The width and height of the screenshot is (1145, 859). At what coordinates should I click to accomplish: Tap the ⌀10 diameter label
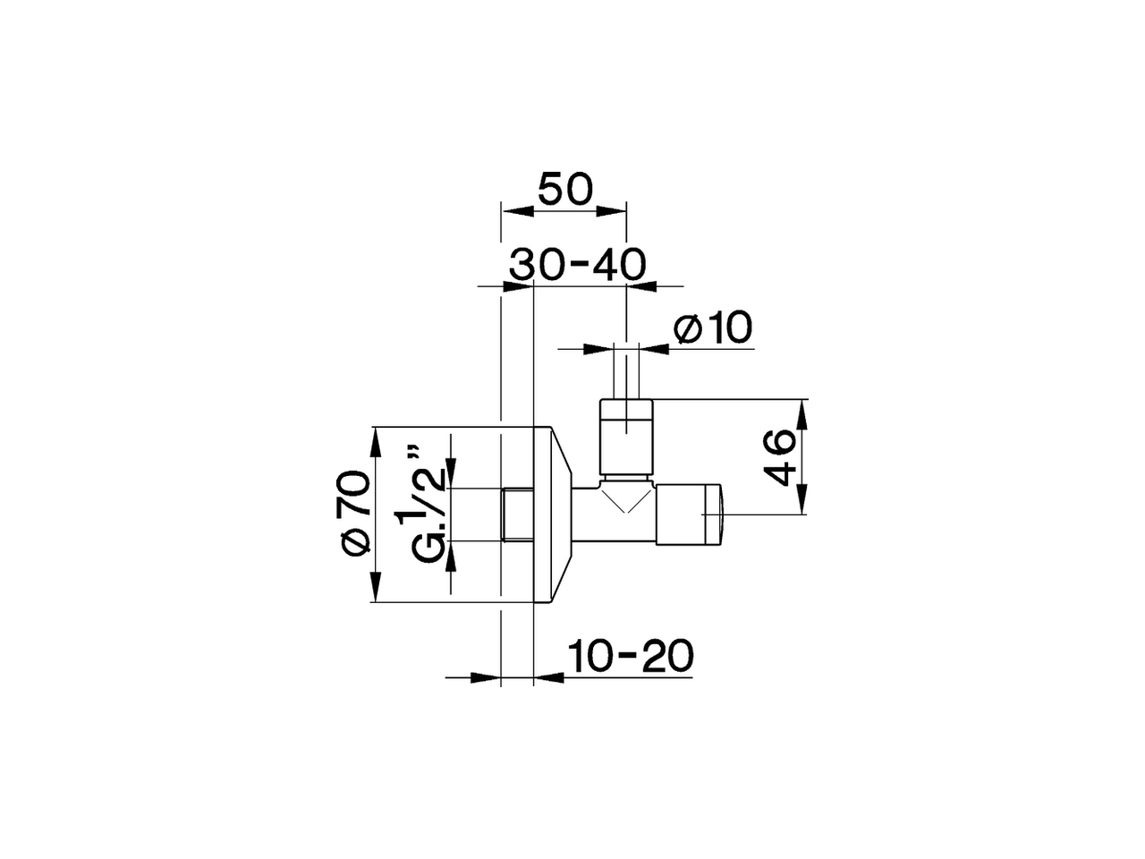714,329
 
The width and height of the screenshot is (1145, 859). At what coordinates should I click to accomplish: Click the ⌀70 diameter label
355,513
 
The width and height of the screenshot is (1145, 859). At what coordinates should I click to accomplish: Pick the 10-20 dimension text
630,657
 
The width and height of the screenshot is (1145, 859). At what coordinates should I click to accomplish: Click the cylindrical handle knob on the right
689,515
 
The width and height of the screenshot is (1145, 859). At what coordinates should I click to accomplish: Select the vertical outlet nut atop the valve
627,438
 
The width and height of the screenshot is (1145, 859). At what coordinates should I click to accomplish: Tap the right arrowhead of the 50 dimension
610,212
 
